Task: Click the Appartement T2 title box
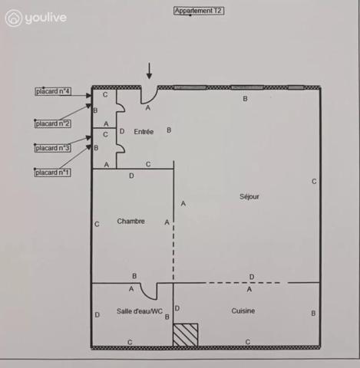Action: pos(199,11)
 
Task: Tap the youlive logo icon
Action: pos(13,18)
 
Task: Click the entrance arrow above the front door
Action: pos(149,71)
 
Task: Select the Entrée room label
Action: pos(144,132)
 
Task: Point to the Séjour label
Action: pos(249,196)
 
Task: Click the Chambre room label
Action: pos(130,221)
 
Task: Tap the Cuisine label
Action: pos(243,310)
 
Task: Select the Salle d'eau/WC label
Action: pos(140,311)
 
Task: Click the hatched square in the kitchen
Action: pos(186,335)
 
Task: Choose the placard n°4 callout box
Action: pos(53,91)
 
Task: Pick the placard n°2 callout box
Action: pos(53,123)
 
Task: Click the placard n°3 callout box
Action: pos(52,148)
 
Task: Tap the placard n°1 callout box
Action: pos(52,172)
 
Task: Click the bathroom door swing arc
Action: pos(147,294)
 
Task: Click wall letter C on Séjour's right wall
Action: pos(314,182)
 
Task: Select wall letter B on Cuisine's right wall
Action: pos(313,314)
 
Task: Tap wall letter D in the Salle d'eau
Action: pos(97,315)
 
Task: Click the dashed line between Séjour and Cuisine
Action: pos(243,283)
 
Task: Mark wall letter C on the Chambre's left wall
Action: pos(97,224)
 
